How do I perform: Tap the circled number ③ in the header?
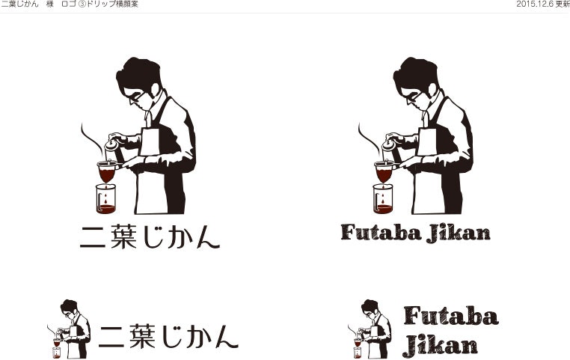[82, 4]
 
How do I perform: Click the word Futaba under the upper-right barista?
[381, 232]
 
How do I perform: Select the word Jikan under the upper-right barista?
[459, 234]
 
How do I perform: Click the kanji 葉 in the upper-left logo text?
[123, 237]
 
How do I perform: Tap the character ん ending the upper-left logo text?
[208, 237]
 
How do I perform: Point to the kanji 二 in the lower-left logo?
[111, 337]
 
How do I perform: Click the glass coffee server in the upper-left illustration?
[105, 199]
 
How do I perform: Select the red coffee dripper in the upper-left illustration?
[107, 171]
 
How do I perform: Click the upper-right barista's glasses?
[414, 98]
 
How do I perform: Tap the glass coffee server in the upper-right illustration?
[383, 198]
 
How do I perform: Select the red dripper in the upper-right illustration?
[384, 171]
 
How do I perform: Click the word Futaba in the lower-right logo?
[451, 316]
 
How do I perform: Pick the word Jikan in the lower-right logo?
[441, 347]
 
